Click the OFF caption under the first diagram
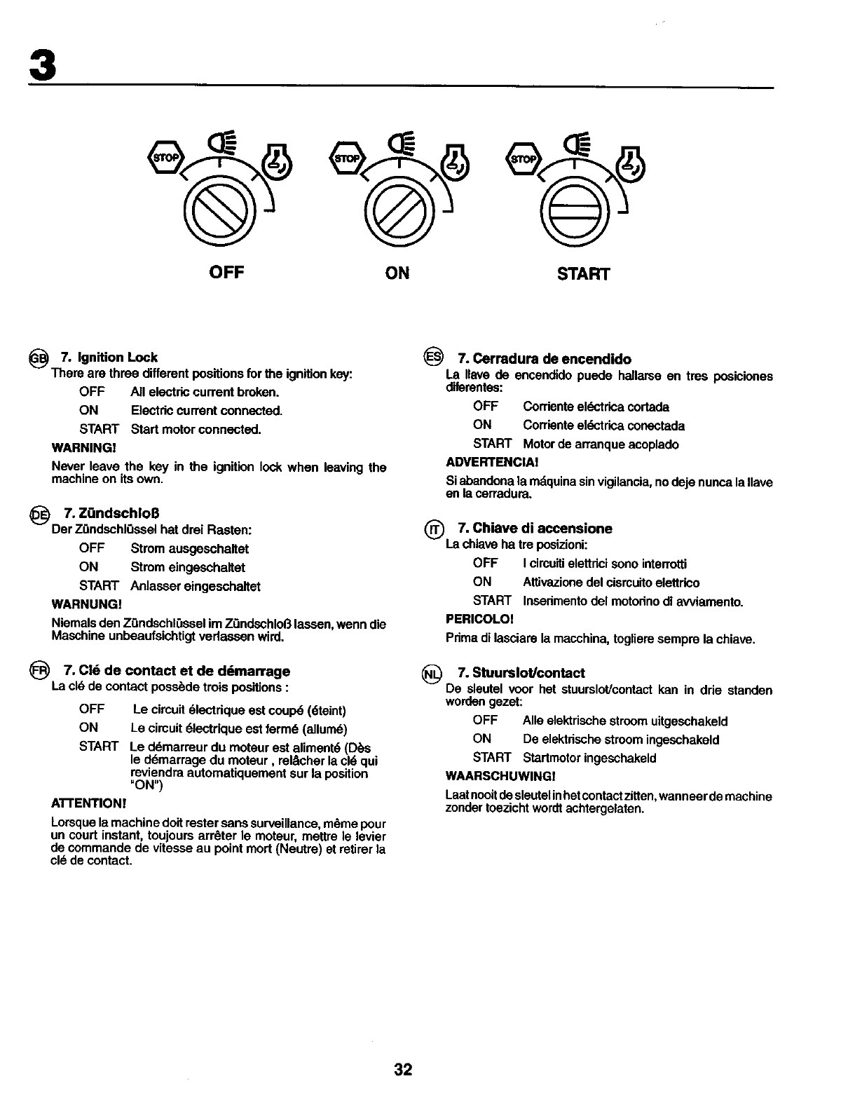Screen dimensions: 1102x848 tap(226, 272)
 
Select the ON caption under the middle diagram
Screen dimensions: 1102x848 tap(397, 273)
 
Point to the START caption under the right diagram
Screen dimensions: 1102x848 tap(584, 273)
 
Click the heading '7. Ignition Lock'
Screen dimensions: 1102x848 tap(109, 358)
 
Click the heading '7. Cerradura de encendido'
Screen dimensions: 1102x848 tap(545, 359)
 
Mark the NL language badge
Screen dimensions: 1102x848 tap(432, 673)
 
